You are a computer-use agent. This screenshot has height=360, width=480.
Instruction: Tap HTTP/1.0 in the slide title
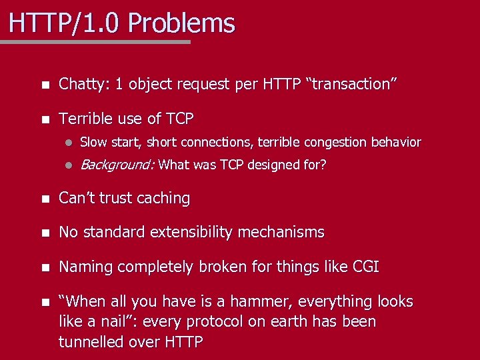point(66,23)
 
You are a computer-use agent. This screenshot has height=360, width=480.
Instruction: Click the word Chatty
point(83,85)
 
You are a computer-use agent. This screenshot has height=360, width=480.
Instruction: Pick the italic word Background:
point(117,165)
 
